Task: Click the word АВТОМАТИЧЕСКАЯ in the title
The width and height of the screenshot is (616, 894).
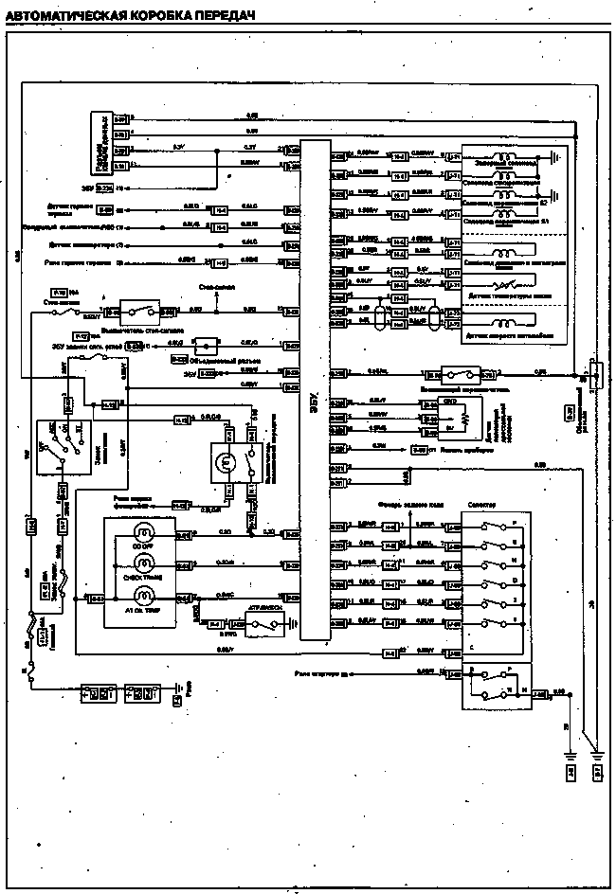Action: pos(64,14)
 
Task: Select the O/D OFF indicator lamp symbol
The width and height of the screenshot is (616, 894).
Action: pos(145,535)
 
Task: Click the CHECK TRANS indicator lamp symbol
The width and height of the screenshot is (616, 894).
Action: pos(145,565)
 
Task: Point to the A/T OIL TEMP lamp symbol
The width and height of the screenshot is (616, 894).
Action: pos(145,596)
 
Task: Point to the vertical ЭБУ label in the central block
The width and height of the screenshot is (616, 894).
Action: pos(315,402)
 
